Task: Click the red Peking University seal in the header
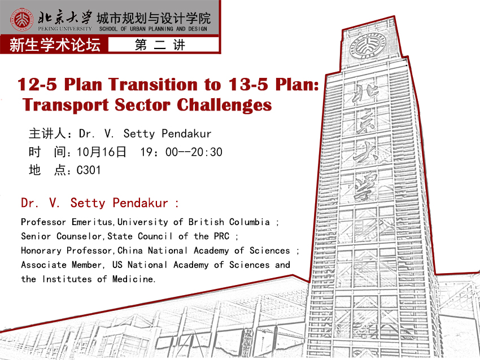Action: pyautogui.click(x=21, y=20)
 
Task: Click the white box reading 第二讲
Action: pyautogui.click(x=163, y=45)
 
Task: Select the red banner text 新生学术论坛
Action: pyautogui.click(x=55, y=45)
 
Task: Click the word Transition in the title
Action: pyautogui.click(x=153, y=84)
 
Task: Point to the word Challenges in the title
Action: pyautogui.click(x=224, y=105)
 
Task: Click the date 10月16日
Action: pyautogui.click(x=101, y=152)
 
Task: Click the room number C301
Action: pyautogui.click(x=89, y=170)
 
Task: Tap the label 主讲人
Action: pyautogui.click(x=47, y=134)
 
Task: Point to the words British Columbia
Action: pyautogui.click(x=229, y=222)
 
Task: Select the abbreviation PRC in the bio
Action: pyautogui.click(x=221, y=236)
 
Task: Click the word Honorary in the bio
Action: pyautogui.click(x=41, y=251)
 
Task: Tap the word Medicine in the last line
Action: pyautogui.click(x=133, y=279)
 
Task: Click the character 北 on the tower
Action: pyautogui.click(x=365, y=94)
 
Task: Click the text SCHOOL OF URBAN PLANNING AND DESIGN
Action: pyautogui.click(x=153, y=29)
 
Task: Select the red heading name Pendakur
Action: pyautogui.click(x=140, y=203)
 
